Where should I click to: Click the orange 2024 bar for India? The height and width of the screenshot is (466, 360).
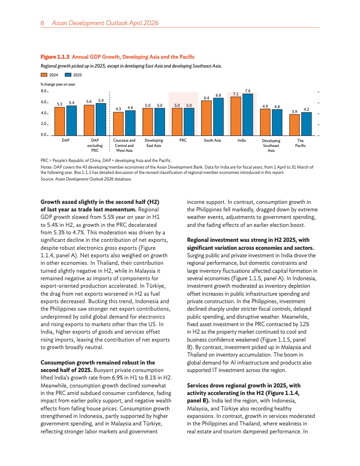(x=236, y=116)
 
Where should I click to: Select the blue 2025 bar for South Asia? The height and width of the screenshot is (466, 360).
(x=218, y=116)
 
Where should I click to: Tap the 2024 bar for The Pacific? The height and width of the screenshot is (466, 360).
(x=294, y=125)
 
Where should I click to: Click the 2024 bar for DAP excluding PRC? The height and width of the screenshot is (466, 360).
(x=89, y=120)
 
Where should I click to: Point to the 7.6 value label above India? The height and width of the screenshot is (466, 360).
(x=247, y=90)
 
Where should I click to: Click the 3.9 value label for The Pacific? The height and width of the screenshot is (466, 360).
(x=294, y=111)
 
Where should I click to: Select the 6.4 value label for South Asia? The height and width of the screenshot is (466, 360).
(x=206, y=98)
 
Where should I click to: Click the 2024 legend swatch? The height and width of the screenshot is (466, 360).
(x=44, y=75)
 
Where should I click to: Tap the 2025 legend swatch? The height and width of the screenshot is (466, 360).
(x=68, y=75)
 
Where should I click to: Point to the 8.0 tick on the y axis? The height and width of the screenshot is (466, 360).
(x=44, y=91)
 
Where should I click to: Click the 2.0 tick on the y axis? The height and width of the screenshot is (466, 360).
(x=44, y=124)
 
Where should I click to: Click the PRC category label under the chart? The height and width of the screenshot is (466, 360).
(x=183, y=140)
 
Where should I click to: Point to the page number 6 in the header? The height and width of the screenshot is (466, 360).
(x=42, y=23)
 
